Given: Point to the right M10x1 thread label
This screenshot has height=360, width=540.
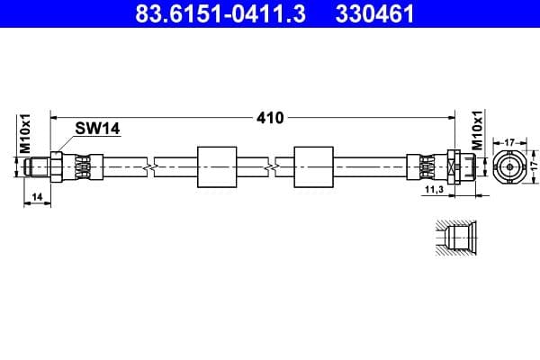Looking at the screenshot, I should pyautogui.click(x=479, y=132).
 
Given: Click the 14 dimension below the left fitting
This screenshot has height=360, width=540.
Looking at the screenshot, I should pyautogui.click(x=36, y=195).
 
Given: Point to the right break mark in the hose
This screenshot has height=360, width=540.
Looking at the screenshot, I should pyautogui.click(x=269, y=166).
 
